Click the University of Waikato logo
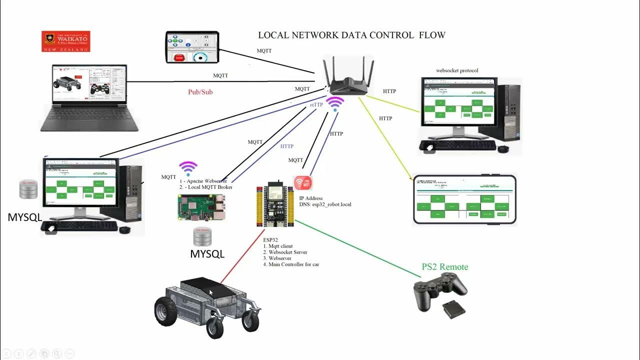[x=65, y=41]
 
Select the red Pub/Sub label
[x=200, y=92]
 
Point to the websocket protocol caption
[x=457, y=70]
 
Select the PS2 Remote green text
[x=445, y=267]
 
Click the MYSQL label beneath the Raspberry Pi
[x=207, y=254]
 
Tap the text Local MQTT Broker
[x=209, y=187]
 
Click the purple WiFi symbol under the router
[x=335, y=104]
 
